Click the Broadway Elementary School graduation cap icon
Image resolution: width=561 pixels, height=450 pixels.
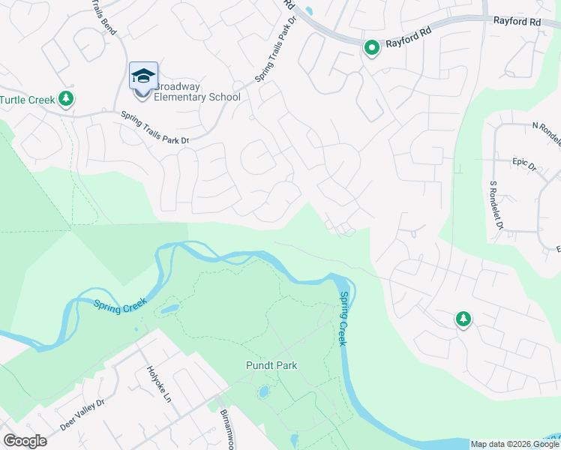tap(143, 76)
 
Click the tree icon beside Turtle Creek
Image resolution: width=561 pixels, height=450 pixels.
tap(66, 98)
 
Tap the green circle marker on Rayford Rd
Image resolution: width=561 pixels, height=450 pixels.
tap(371, 48)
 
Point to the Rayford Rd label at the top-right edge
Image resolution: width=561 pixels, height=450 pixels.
tap(517, 22)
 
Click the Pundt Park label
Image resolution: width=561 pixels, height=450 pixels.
tap(271, 366)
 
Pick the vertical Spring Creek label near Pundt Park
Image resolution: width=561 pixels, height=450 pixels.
tap(344, 319)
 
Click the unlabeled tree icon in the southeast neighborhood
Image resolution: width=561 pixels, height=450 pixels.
tap(463, 319)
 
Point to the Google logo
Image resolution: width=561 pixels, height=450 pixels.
tap(25, 441)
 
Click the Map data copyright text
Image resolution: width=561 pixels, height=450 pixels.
tap(514, 444)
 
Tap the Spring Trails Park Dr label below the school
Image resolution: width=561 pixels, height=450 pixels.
tap(155, 127)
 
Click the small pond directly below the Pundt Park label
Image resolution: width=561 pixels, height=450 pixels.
tap(263, 391)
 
